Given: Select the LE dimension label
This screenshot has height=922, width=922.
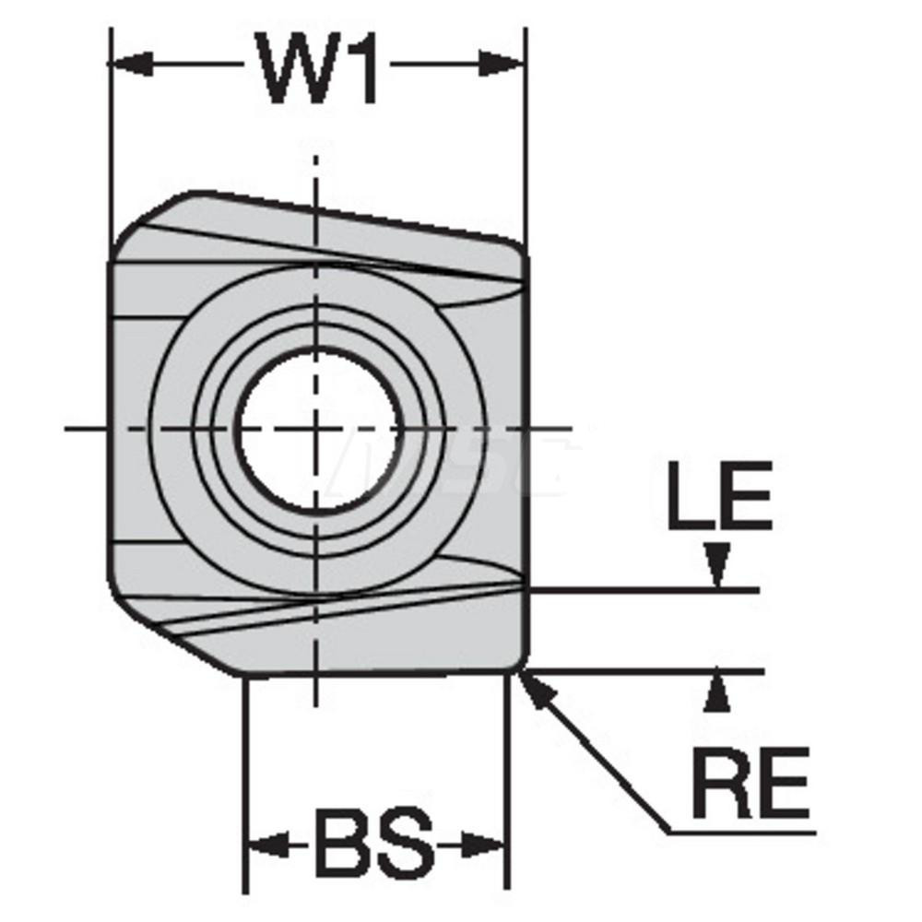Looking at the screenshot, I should pos(719,498).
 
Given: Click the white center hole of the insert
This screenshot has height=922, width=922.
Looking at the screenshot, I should pos(318,429).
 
